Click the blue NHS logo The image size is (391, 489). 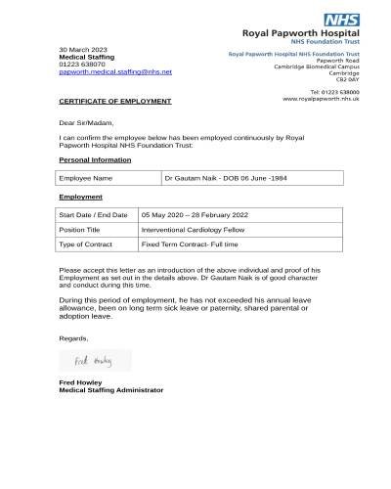[x=343, y=19]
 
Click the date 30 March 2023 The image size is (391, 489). [x=84, y=49]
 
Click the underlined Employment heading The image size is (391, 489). [x=80, y=197]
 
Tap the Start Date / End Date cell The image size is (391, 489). [x=97, y=214]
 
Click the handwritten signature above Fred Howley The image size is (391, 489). [x=95, y=362]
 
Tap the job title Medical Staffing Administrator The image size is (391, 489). [x=111, y=390]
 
